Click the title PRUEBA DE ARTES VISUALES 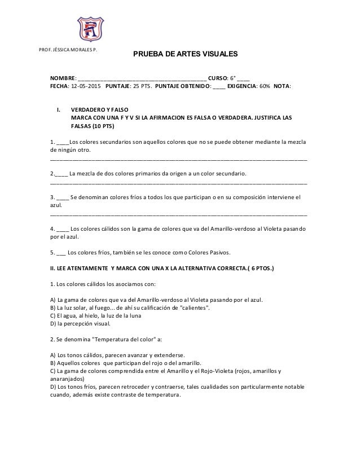tap(185, 55)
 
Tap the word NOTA tap(290, 87)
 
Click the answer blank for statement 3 tap(63, 197)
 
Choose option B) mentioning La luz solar tap(130, 307)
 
